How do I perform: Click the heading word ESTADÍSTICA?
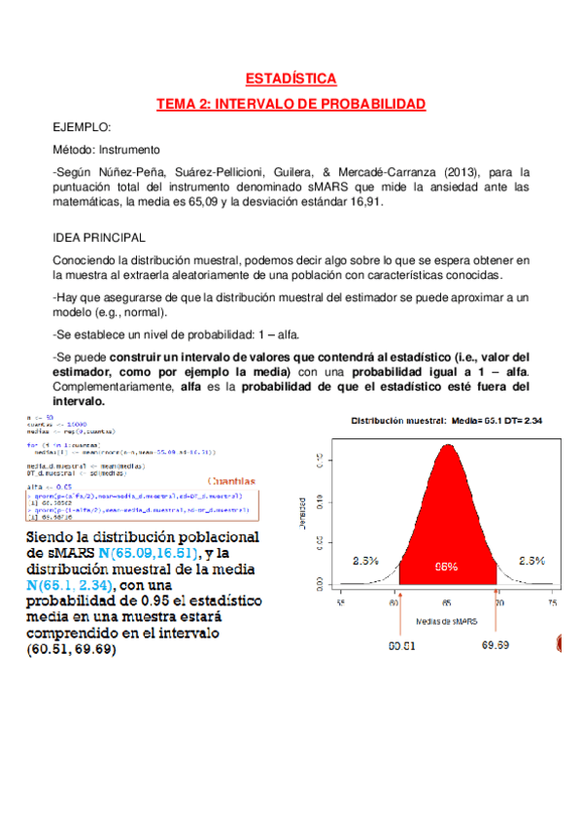(x=291, y=79)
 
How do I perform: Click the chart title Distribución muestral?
(x=398, y=423)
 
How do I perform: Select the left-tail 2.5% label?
(x=364, y=561)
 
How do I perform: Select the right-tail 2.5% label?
(x=531, y=561)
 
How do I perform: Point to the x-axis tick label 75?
(x=552, y=603)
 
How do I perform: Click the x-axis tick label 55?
(x=341, y=603)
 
